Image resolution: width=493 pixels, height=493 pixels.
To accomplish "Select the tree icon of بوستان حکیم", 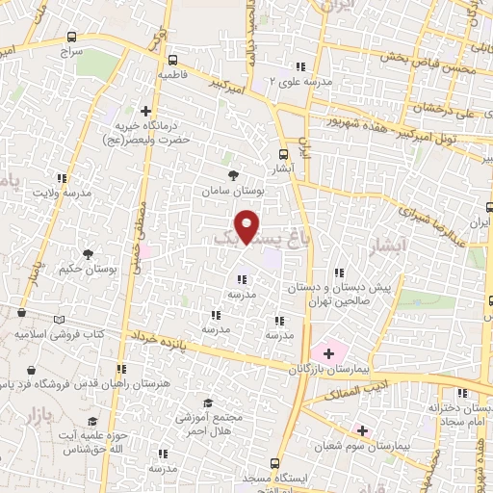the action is point(89,254).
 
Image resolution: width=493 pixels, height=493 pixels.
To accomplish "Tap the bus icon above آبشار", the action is point(283,154).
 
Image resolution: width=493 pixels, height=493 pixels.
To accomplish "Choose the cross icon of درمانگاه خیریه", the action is point(145,112).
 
